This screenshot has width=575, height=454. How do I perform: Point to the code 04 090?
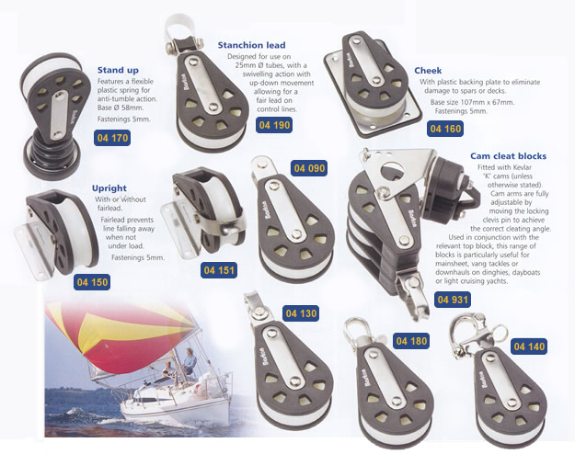coord(310,168)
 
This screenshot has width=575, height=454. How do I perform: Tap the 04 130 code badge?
coord(300,314)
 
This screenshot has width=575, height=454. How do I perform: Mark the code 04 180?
coord(412,341)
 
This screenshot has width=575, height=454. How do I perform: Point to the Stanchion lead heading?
coord(252,44)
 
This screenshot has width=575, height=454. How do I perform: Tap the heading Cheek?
coord(428,70)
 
